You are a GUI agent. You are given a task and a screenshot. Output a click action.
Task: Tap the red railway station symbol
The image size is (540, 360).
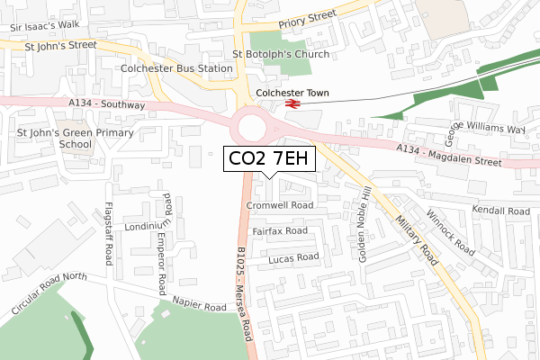[x=292, y=106]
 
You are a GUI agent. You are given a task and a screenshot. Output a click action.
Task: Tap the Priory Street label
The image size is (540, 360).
[x=306, y=16]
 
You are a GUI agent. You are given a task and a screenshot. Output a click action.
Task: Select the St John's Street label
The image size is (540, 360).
[x=60, y=43]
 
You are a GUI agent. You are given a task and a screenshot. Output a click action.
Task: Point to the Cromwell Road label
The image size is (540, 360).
[x=279, y=205]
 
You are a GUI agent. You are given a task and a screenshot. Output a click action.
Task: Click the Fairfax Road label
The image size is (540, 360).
[x=279, y=231]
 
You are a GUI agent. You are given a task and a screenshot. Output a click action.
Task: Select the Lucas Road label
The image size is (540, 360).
[x=293, y=257]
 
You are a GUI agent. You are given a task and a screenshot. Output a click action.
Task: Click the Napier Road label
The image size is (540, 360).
[x=200, y=307]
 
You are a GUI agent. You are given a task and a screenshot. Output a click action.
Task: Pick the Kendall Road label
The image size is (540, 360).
[x=505, y=211]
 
